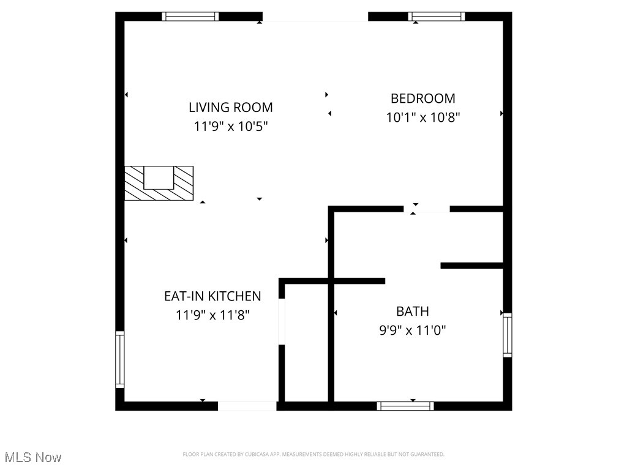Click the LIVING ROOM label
click(230, 107)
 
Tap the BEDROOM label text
click(422, 98)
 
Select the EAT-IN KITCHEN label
click(212, 296)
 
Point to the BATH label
click(412, 311)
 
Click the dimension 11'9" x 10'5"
click(230, 127)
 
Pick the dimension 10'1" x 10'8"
click(422, 117)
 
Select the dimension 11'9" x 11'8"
click(212, 315)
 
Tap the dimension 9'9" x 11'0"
click(412, 330)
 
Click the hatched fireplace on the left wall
click(159, 183)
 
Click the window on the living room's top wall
click(190, 17)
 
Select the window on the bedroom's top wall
click(437, 17)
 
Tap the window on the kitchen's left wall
click(119, 359)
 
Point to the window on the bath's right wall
click(507, 334)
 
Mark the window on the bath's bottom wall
click(405, 406)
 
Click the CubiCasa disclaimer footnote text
click(313, 454)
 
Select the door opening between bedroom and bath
click(427, 209)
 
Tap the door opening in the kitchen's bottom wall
click(247, 406)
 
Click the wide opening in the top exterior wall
click(315, 17)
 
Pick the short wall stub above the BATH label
click(471, 266)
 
